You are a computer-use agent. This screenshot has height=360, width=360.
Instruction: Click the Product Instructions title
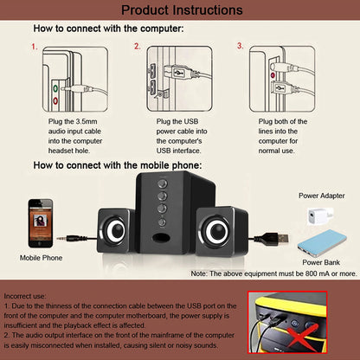(181, 10)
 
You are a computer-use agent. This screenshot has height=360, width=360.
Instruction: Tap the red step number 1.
(35, 47)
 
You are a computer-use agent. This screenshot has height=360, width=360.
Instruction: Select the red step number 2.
(137, 47)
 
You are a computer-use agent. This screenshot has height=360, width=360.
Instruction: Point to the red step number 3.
(240, 47)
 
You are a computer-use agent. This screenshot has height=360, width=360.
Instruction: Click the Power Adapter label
(322, 196)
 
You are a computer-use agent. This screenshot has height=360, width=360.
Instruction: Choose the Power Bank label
(320, 261)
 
